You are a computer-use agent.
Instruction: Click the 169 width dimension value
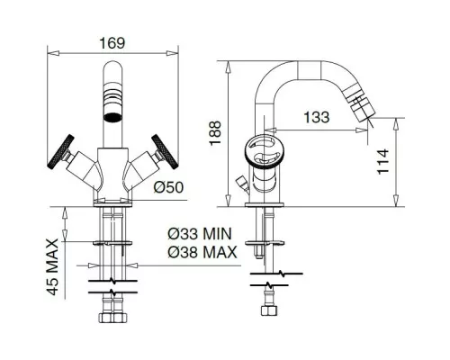(112, 42)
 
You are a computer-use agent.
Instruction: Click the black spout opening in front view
(114, 115)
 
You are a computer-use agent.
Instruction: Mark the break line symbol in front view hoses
(113, 288)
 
